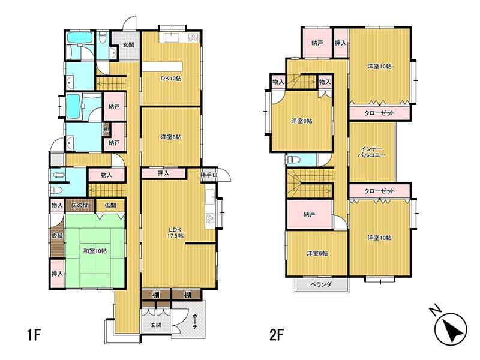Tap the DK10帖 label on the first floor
click(x=171, y=79)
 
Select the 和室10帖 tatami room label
click(x=95, y=251)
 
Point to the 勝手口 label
click(x=209, y=175)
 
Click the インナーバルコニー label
click(x=372, y=152)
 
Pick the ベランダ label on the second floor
click(x=321, y=284)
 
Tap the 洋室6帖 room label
click(x=317, y=253)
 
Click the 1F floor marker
click(x=34, y=335)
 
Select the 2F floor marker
click(x=276, y=335)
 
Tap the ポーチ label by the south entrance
click(x=195, y=322)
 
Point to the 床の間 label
click(x=80, y=206)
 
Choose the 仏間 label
click(x=110, y=206)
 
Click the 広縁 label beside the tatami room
click(x=57, y=236)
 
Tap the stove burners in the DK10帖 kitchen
click(x=194, y=38)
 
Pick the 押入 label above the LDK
click(x=163, y=173)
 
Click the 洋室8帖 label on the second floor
click(x=302, y=121)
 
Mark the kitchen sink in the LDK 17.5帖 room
click(x=211, y=197)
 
